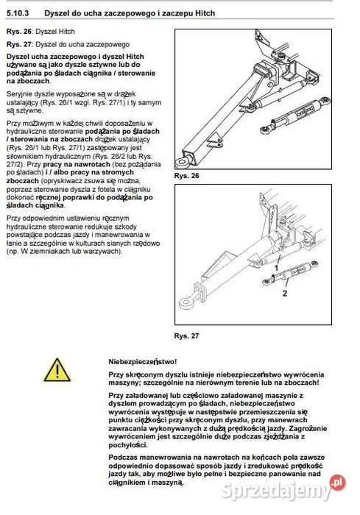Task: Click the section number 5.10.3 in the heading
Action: pos(18,13)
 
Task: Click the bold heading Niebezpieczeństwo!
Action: pos(142,361)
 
